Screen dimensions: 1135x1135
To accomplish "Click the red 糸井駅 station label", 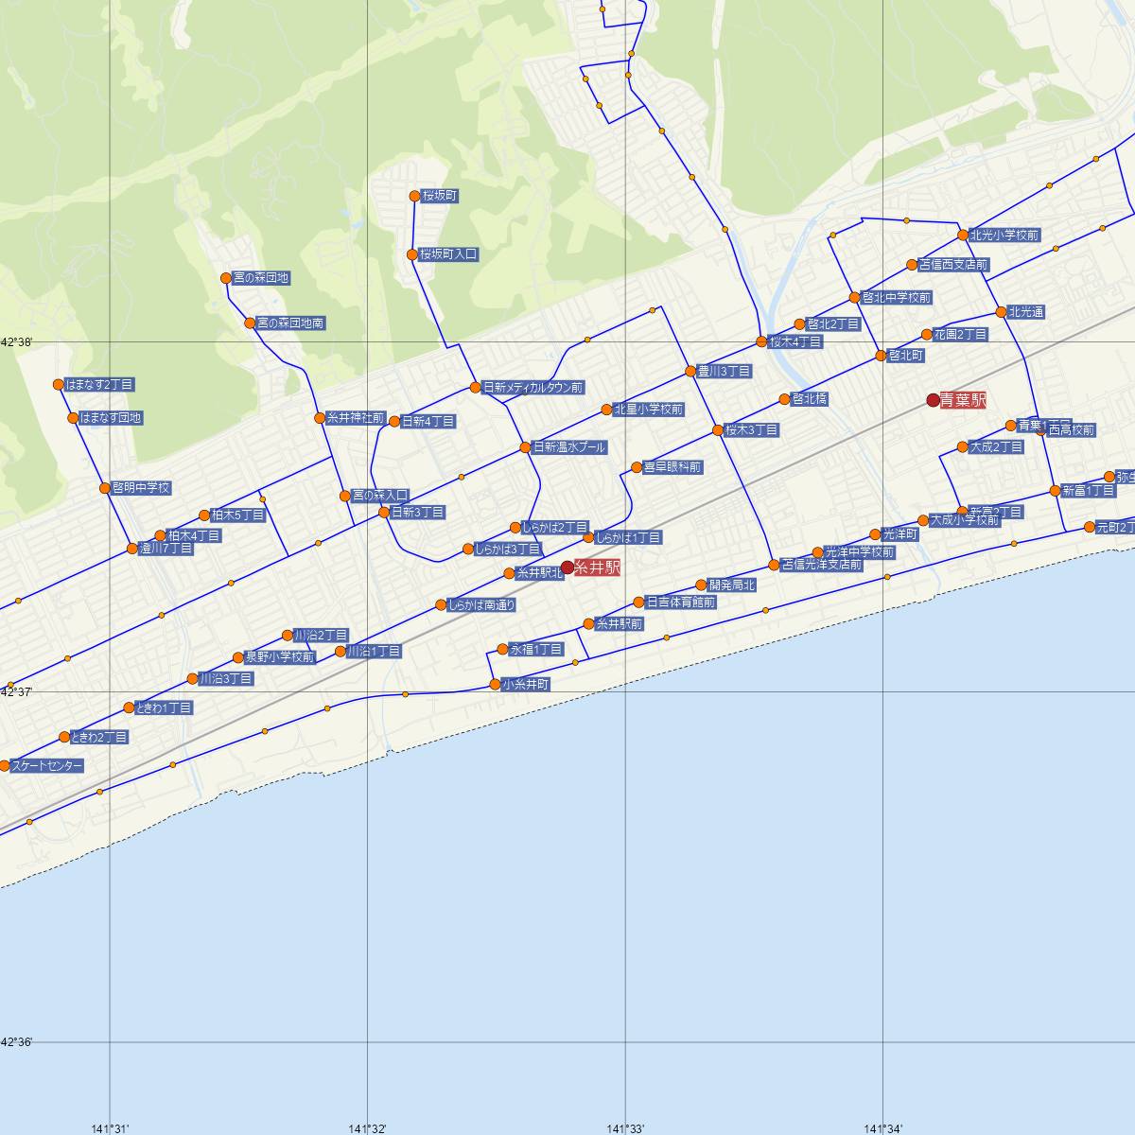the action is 597,568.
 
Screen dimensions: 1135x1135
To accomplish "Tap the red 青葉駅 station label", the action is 963,401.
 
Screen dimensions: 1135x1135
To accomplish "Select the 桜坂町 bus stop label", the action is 440,196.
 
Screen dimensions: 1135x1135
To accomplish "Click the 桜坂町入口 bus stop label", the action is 449,254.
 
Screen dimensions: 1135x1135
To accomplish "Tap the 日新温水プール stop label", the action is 568,447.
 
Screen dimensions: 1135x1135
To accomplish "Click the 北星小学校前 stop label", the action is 648,410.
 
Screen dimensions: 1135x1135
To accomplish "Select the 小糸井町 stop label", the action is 525,684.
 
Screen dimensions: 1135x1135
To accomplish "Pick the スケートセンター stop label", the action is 47,766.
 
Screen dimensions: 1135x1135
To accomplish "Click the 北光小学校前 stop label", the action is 1004,236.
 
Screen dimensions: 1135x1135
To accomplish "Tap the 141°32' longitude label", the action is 368,1128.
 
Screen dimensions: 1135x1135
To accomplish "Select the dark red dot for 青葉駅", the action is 933,400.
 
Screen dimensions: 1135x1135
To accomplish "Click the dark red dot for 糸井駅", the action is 567,567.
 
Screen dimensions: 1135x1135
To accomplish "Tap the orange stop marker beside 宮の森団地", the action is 225,278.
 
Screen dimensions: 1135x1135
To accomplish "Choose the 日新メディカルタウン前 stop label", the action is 533,388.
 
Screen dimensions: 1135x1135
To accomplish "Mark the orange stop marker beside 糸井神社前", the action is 320,418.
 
